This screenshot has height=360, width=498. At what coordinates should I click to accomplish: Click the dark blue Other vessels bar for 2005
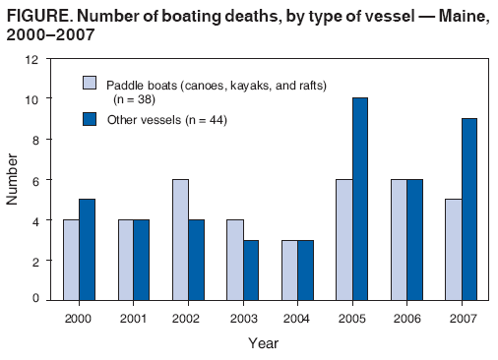(x=360, y=200)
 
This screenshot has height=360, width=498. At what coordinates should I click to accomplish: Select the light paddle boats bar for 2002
(x=180, y=239)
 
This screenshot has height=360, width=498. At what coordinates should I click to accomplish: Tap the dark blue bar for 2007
(x=469, y=210)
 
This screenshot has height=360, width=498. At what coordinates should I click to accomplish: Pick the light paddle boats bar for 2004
(x=289, y=270)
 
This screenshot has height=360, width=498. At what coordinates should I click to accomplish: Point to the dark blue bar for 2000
(x=87, y=250)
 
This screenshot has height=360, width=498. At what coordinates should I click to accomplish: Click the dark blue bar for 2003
(x=251, y=270)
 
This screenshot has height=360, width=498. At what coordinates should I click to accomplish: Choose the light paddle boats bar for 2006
(x=399, y=239)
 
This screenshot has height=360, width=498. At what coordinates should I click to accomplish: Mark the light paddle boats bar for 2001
(x=125, y=260)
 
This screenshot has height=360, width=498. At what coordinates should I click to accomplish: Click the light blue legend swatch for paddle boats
(x=88, y=84)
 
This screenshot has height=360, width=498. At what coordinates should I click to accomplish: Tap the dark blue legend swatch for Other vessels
(x=88, y=119)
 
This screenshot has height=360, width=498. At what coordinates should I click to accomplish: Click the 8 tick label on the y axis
(x=36, y=140)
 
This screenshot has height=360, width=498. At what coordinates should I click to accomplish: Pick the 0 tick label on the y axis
(x=36, y=299)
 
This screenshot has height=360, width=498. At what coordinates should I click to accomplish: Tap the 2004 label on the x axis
(x=297, y=319)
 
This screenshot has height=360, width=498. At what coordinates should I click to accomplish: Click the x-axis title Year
(x=264, y=343)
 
